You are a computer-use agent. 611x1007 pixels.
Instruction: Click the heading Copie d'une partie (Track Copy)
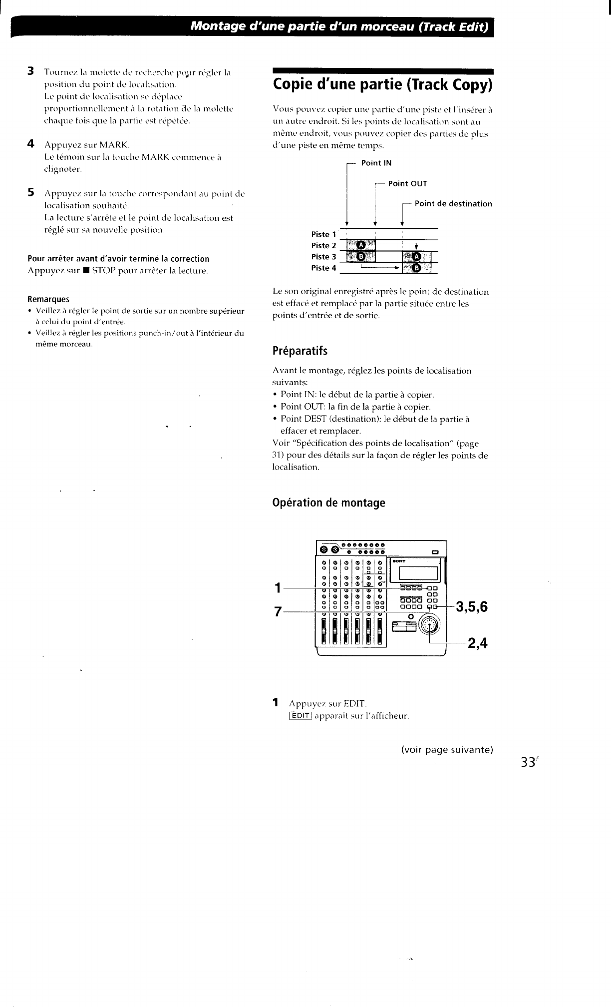[382, 85]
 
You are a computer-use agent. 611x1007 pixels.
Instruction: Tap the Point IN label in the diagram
[376, 163]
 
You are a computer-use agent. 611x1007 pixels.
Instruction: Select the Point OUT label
[407, 183]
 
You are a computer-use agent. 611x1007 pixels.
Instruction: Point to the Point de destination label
[453, 204]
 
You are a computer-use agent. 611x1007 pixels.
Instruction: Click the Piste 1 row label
[323, 234]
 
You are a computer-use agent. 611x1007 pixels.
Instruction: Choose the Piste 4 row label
[323, 268]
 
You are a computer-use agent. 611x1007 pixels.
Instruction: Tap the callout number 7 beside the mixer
[278, 611]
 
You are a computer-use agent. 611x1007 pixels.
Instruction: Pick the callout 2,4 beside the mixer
[477, 643]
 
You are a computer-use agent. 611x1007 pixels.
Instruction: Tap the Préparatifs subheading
[300, 351]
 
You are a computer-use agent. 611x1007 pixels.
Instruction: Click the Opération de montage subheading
[329, 503]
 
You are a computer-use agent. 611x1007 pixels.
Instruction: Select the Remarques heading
[48, 299]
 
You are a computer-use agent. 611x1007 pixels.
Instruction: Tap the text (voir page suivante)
[447, 749]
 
